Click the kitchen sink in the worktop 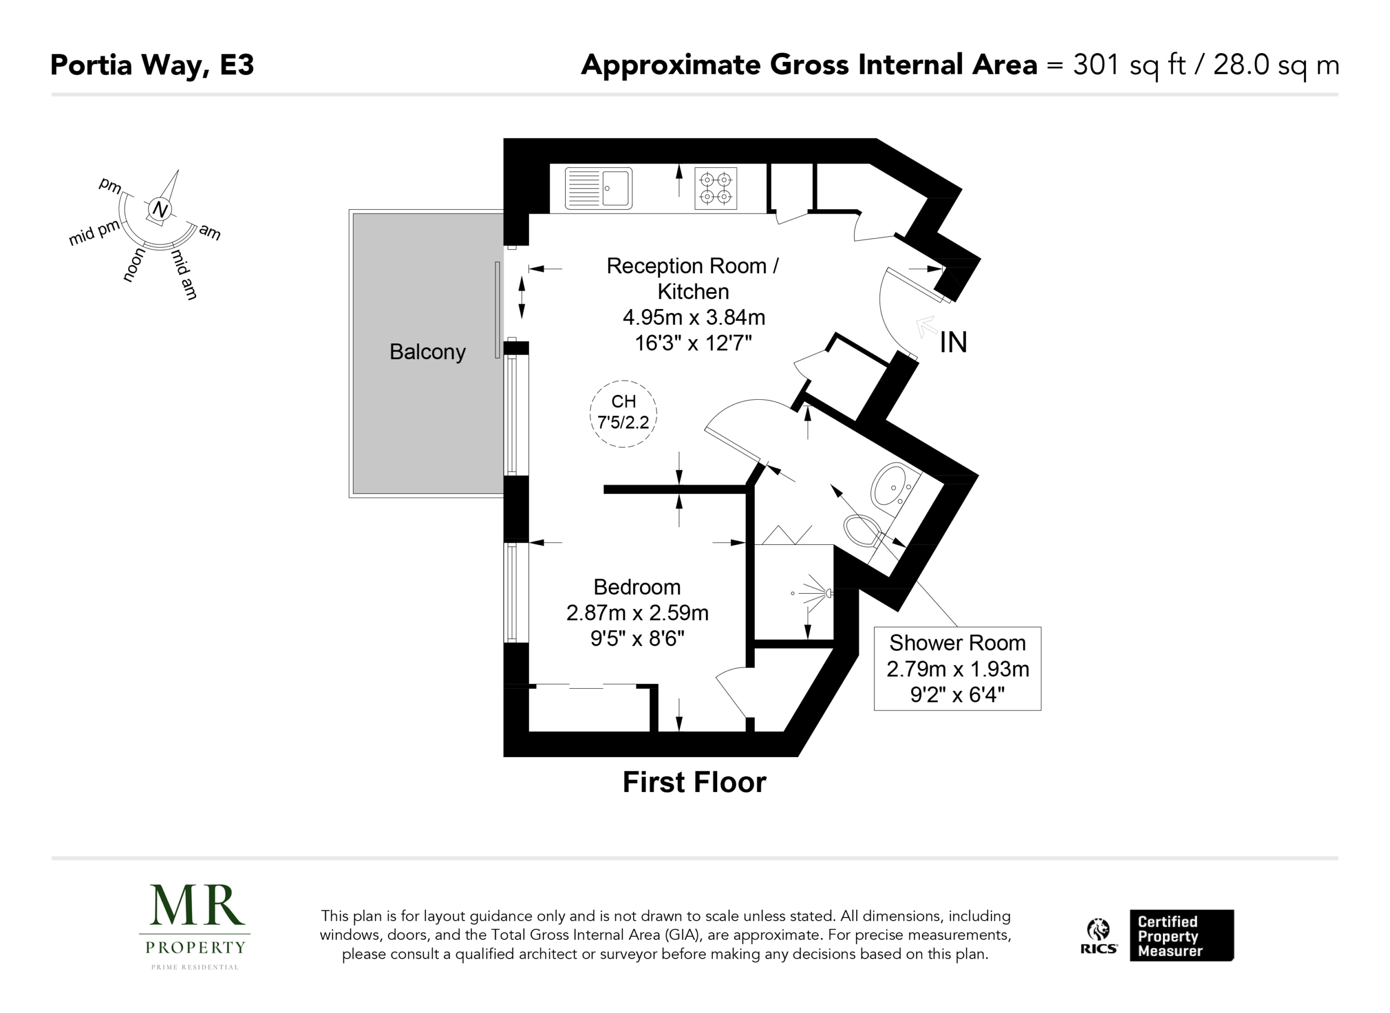pyautogui.click(x=598, y=188)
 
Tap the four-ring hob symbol pyautogui.click(x=716, y=188)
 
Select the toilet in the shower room pyautogui.click(x=863, y=530)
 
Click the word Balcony pyautogui.click(x=427, y=352)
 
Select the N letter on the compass pyautogui.click(x=160, y=209)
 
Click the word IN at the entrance pyautogui.click(x=953, y=342)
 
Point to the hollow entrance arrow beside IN pyautogui.click(x=926, y=326)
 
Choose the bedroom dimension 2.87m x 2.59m pyautogui.click(x=637, y=613)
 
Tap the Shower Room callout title pyautogui.click(x=957, y=643)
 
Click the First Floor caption pyautogui.click(x=694, y=783)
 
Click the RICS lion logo pyautogui.click(x=1098, y=936)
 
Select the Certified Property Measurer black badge pyautogui.click(x=1181, y=935)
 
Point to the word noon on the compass pyautogui.click(x=134, y=265)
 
